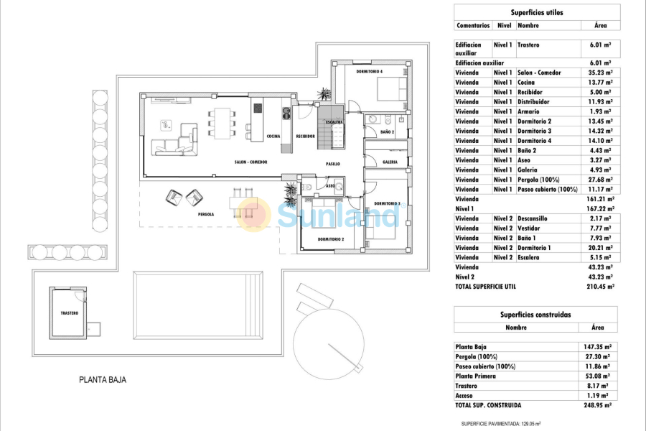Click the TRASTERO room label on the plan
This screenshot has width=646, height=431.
[69, 313]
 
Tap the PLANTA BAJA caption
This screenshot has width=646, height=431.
[103, 380]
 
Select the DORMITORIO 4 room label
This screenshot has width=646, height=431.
[370, 72]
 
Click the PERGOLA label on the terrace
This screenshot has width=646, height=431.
[207, 214]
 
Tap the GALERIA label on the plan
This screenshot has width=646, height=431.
[390, 162]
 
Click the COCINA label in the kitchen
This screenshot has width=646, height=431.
[273, 136]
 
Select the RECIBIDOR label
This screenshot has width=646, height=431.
[305, 136]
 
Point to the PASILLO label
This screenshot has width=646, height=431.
[332, 164]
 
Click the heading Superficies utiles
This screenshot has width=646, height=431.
[536, 12]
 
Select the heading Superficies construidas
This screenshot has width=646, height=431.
[535, 315]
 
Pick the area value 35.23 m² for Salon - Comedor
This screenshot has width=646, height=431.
[599, 73]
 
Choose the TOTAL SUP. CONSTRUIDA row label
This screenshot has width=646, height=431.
[488, 405]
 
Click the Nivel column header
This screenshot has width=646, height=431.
[503, 26]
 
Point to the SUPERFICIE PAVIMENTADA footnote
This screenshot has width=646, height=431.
[500, 425]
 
